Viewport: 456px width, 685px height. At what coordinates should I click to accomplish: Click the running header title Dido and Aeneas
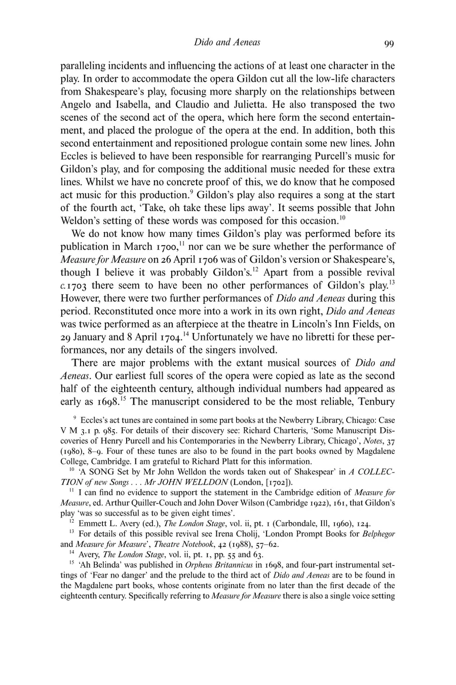point(227,43)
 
